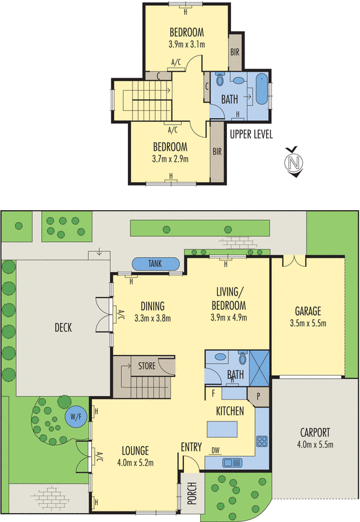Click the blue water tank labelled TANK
(156, 264)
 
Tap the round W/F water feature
(77, 418)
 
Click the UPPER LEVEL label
(251, 135)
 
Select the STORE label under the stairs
(147, 366)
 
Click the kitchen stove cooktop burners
(262, 441)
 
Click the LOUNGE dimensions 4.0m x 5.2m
(135, 463)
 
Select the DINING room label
(151, 306)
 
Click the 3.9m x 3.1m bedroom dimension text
(187, 45)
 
